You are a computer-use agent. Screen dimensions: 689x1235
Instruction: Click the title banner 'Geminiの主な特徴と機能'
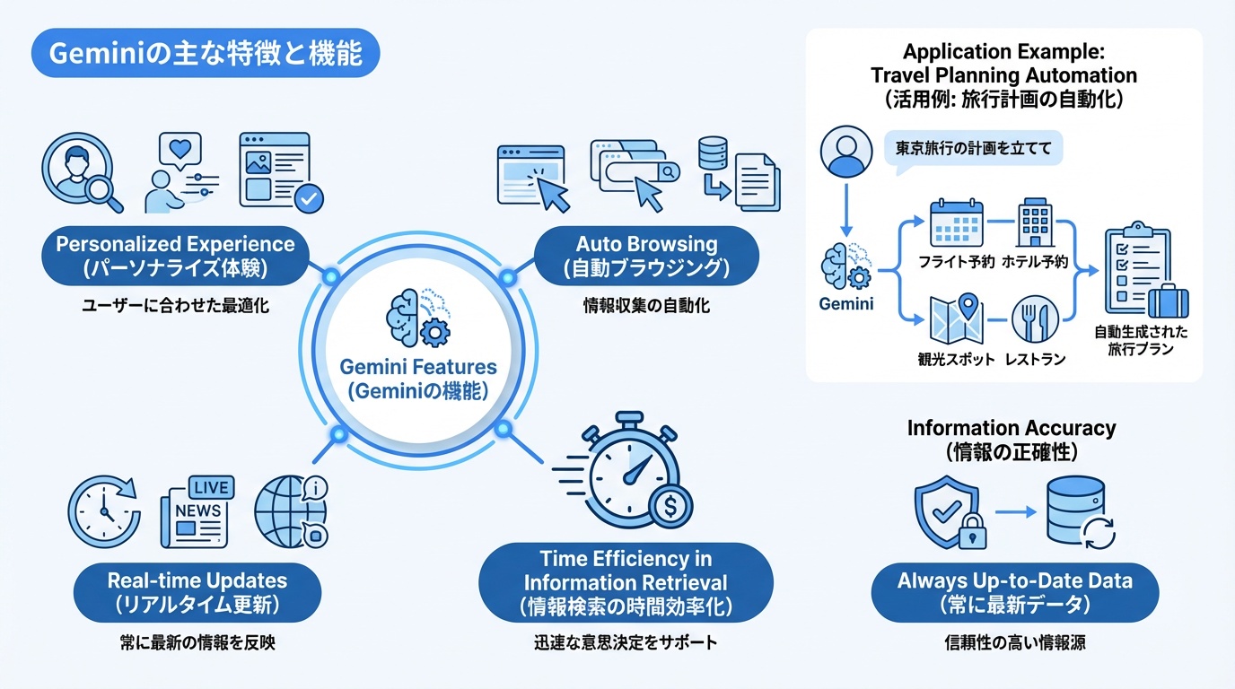point(206,55)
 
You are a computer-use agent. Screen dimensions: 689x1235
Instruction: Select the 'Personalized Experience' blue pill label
point(175,255)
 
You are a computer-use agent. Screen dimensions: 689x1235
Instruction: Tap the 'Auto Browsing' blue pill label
point(646,255)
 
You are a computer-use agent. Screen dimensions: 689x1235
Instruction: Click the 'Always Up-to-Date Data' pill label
point(1014,592)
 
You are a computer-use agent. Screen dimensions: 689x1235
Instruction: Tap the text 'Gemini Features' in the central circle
point(418,368)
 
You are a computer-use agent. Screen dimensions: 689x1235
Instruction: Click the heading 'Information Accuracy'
point(1012,428)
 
